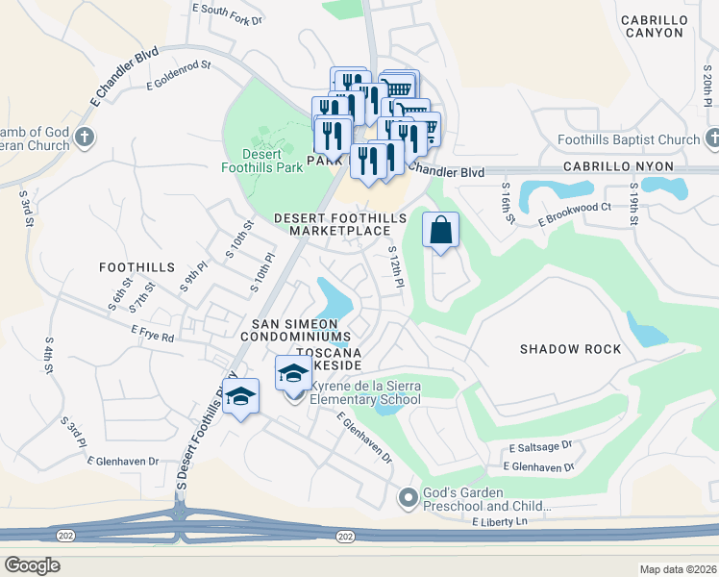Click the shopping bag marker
(440, 231)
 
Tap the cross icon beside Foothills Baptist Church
(711, 139)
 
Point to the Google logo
(32, 565)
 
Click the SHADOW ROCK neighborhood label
(571, 349)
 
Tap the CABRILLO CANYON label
(665, 26)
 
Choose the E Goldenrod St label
(178, 78)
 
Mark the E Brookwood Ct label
(575, 213)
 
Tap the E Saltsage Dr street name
(541, 447)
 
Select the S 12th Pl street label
(395, 264)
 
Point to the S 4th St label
(47, 355)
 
